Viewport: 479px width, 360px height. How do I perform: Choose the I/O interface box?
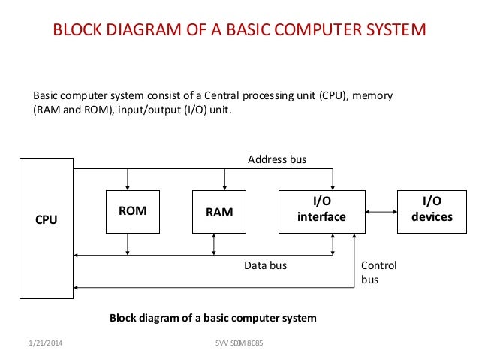[321, 210]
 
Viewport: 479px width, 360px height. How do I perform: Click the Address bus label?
[277, 159]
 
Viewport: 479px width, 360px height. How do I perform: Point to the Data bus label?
[265, 265]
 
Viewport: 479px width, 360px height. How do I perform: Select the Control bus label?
[378, 272]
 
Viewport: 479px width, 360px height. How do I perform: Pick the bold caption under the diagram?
[212, 318]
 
